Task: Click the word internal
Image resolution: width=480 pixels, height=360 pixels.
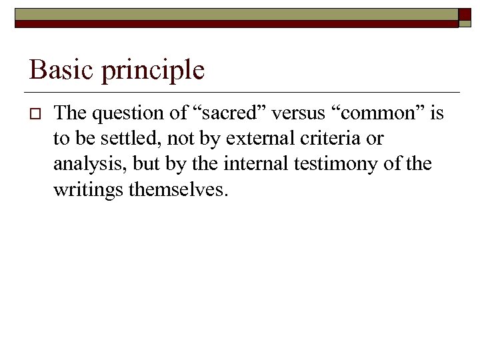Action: (x=256, y=164)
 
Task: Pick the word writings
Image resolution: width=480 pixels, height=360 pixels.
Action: (x=88, y=191)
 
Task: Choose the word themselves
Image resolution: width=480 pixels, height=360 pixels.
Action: (x=178, y=190)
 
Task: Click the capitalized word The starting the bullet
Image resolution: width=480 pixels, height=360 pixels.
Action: (x=70, y=114)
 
